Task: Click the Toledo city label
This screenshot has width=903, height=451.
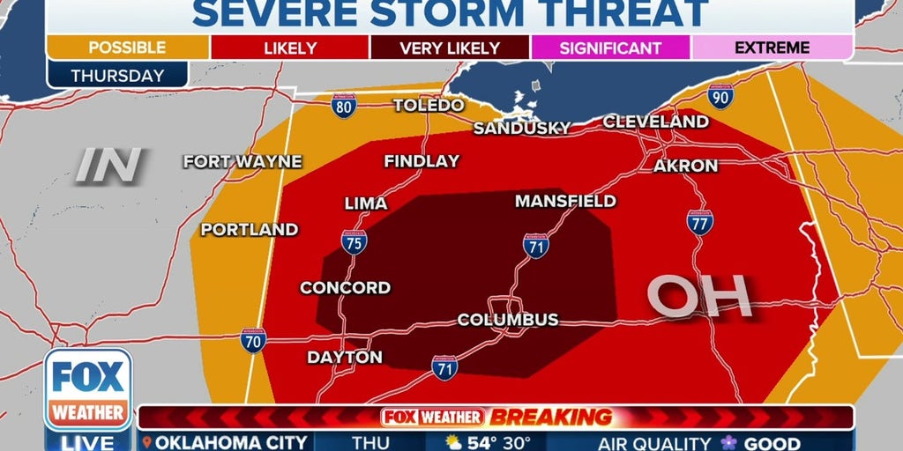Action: point(429,106)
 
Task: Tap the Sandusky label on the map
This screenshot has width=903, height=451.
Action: point(522,129)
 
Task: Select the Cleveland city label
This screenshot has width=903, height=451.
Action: point(656,122)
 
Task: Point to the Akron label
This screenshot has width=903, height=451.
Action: point(685,166)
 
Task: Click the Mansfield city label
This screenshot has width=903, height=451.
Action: point(565,202)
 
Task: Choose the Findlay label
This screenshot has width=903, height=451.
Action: point(422,161)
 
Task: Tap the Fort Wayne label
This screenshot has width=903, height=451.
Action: point(243,162)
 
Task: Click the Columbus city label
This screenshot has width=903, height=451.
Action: point(508,320)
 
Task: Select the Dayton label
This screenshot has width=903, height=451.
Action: point(345,358)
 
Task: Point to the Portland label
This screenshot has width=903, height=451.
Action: point(250,230)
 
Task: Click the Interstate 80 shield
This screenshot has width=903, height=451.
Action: point(345,107)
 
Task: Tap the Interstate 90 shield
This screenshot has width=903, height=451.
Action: point(720,96)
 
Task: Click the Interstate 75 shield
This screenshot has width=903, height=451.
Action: point(354,242)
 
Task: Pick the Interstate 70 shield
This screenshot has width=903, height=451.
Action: point(253,341)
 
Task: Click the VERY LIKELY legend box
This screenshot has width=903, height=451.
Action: point(449,48)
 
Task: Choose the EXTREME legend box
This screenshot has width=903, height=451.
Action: point(772,48)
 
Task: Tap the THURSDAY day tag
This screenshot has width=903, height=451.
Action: point(117,75)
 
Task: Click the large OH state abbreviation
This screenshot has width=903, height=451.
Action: point(699,297)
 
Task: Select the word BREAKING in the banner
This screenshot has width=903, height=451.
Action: point(550,418)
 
